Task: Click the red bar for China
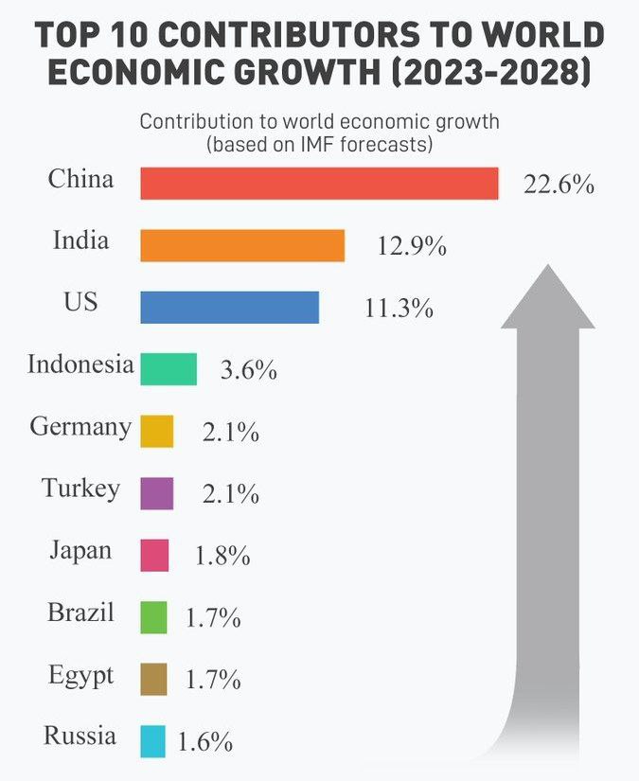point(319,184)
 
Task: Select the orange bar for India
point(242,245)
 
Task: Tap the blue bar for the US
point(229,308)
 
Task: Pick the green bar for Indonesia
point(169,369)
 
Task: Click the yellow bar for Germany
point(156,431)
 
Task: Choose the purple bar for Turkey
point(156,493)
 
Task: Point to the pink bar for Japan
point(154,555)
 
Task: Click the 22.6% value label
point(559,185)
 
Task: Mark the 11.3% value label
point(399,309)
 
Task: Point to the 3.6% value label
point(248,370)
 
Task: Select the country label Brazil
point(80,612)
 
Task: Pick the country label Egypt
point(80,676)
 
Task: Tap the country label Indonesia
point(80,364)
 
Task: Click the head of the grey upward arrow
point(547,298)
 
